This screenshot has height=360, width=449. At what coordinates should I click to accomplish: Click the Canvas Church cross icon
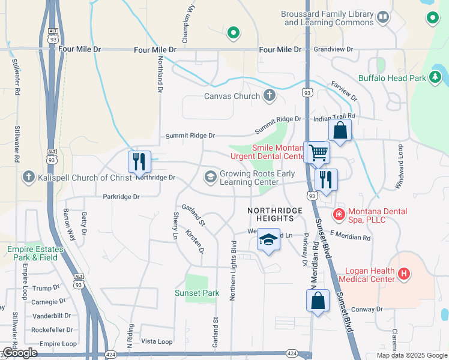270,95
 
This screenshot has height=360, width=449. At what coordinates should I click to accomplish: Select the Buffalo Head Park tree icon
435,77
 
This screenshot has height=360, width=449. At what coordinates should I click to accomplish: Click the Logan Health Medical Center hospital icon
404,274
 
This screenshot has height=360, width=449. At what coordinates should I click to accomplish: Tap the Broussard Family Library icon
382,17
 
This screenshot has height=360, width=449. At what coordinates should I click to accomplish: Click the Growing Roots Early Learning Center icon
210,176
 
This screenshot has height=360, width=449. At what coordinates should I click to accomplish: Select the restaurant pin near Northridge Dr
137,161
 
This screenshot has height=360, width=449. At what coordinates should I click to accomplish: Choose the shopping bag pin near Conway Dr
318,300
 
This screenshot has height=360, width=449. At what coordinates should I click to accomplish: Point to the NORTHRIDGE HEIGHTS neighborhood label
271,214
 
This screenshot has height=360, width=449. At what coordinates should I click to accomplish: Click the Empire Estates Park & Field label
35,253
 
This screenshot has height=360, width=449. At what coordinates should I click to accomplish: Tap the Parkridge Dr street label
121,196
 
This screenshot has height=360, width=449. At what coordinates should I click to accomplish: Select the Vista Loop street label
157,341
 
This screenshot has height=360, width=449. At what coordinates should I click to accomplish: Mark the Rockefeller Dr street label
52,329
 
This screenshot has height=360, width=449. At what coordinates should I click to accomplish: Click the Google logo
20,353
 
